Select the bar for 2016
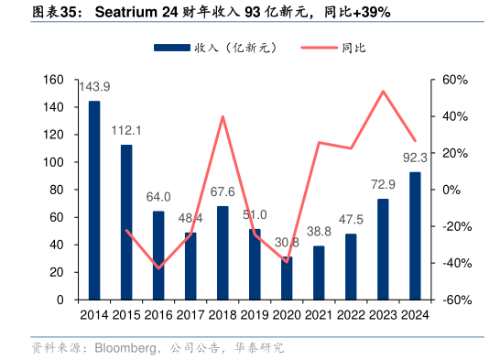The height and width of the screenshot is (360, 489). click(x=158, y=256)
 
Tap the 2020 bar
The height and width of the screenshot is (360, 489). click(x=287, y=278)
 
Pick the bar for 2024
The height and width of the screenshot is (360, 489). click(x=415, y=235)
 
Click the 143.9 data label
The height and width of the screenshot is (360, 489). click(x=94, y=88)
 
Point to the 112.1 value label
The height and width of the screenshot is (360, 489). click(x=126, y=131)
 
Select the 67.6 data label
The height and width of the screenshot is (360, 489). click(x=223, y=192)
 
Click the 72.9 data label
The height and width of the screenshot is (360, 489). click(x=383, y=185)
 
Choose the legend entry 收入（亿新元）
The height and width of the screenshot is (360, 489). click(x=214, y=47)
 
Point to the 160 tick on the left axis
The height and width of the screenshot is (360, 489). click(x=53, y=80)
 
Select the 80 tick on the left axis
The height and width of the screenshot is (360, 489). click(x=57, y=190)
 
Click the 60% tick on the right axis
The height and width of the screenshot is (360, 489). click(x=455, y=80)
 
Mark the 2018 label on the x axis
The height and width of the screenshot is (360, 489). click(x=223, y=315)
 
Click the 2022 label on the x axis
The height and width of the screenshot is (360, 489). click(x=351, y=315)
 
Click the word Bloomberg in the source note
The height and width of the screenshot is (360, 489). click(x=115, y=348)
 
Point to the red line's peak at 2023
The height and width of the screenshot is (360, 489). click(x=383, y=91)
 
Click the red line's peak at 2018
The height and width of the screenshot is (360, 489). click(x=223, y=116)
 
